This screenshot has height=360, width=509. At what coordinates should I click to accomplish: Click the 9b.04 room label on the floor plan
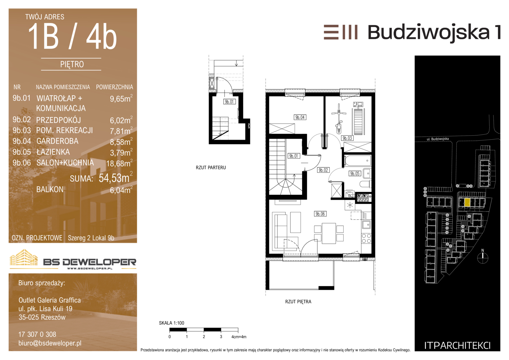pyautogui.click(x=300, y=117)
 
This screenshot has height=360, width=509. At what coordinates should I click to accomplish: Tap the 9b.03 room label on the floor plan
pyautogui.click(x=347, y=138)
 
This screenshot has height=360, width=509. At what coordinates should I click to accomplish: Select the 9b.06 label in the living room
pyautogui.click(x=320, y=214)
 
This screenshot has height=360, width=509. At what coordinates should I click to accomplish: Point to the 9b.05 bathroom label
pyautogui.click(x=355, y=173)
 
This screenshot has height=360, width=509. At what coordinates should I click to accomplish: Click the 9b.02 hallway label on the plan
pyautogui.click(x=323, y=170)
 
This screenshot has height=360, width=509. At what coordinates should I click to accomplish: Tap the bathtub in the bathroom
pyautogui.click(x=358, y=161)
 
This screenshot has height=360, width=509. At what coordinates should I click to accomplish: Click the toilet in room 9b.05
pyautogui.click(x=365, y=184)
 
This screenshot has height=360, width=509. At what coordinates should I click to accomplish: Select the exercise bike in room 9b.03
pyautogui.click(x=339, y=119)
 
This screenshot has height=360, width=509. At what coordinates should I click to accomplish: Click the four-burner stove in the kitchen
pyautogui.click(x=366, y=238)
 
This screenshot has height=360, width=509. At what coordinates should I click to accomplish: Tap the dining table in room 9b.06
pyautogui.click(x=329, y=233)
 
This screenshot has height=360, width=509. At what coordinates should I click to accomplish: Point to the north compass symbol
pyautogui.click(x=483, y=257)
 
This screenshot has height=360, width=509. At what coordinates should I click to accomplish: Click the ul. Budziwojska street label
pyautogui.click(x=438, y=139)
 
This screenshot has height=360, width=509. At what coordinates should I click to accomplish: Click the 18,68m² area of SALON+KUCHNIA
pyautogui.click(x=120, y=163)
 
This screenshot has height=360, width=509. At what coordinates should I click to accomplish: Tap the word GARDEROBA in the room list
pyautogui.click(x=57, y=141)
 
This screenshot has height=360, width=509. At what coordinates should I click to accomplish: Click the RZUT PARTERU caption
pyautogui.click(x=211, y=167)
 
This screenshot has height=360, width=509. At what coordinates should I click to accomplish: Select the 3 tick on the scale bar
pyautogui.click(x=221, y=337)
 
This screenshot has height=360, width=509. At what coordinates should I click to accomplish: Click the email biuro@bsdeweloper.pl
pyautogui.click(x=50, y=343)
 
